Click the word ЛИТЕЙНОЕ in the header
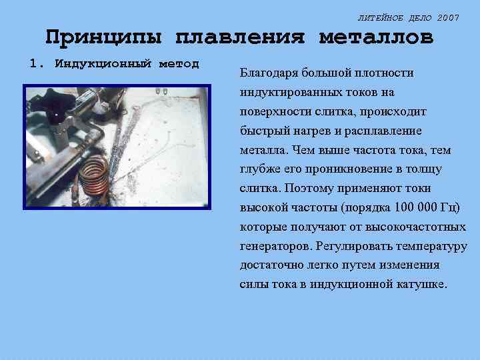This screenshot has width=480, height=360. (x=379, y=18)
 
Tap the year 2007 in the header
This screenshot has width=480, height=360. (x=448, y=18)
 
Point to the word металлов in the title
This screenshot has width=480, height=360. (x=376, y=37)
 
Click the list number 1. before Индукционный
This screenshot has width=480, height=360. (x=38, y=64)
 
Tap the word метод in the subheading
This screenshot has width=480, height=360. (x=179, y=64)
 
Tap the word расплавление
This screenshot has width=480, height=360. (x=383, y=131)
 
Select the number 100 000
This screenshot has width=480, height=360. (x=419, y=208)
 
